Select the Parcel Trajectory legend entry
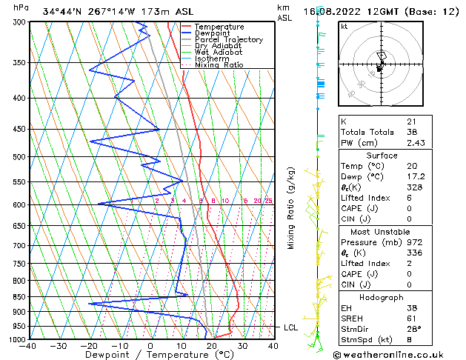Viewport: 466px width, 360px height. tap(228, 40)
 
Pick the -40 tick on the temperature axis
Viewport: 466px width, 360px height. tap(29, 346)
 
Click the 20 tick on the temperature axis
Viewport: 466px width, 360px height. tap(212, 346)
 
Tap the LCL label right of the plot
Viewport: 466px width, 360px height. tap(293, 327)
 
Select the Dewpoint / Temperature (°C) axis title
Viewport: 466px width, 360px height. tap(150, 355)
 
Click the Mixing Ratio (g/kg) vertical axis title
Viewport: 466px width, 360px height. tap(291, 208)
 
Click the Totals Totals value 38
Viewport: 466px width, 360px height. tap(411, 132)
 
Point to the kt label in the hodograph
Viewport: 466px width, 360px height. tap(344, 26)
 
